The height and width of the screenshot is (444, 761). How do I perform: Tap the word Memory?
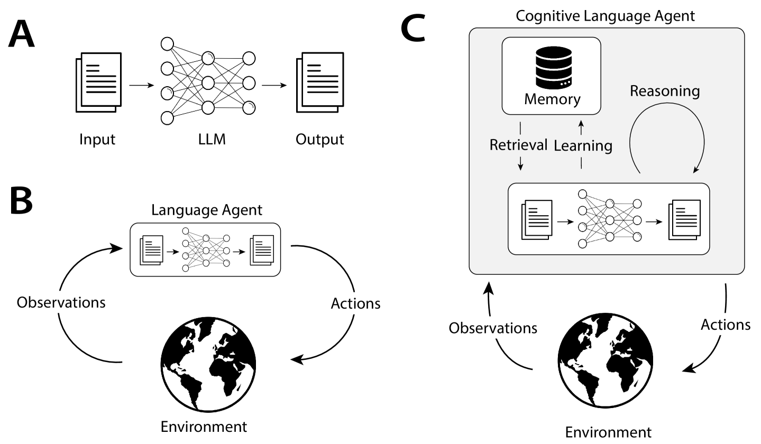(552, 99)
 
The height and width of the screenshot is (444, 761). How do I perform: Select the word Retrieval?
(518, 145)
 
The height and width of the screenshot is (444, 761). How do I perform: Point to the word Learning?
(583, 145)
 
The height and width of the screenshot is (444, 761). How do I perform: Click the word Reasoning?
(664, 91)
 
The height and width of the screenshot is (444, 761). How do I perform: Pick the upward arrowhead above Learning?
(581, 125)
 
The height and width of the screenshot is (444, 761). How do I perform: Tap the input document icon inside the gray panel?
(537, 219)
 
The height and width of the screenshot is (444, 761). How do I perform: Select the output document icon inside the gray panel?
(684, 219)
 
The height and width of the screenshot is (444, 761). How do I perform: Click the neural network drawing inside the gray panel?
(610, 218)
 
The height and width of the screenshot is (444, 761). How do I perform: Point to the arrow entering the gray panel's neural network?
(565, 221)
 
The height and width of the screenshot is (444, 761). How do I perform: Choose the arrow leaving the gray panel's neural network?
(655, 221)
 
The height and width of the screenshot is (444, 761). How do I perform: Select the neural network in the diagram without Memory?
(206, 249)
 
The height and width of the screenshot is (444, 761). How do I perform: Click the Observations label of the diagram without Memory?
(61, 303)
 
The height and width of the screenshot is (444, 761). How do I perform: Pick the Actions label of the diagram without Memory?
(355, 303)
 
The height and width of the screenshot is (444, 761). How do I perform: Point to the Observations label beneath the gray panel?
(492, 328)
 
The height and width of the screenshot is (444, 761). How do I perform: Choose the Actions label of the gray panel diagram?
(725, 325)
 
